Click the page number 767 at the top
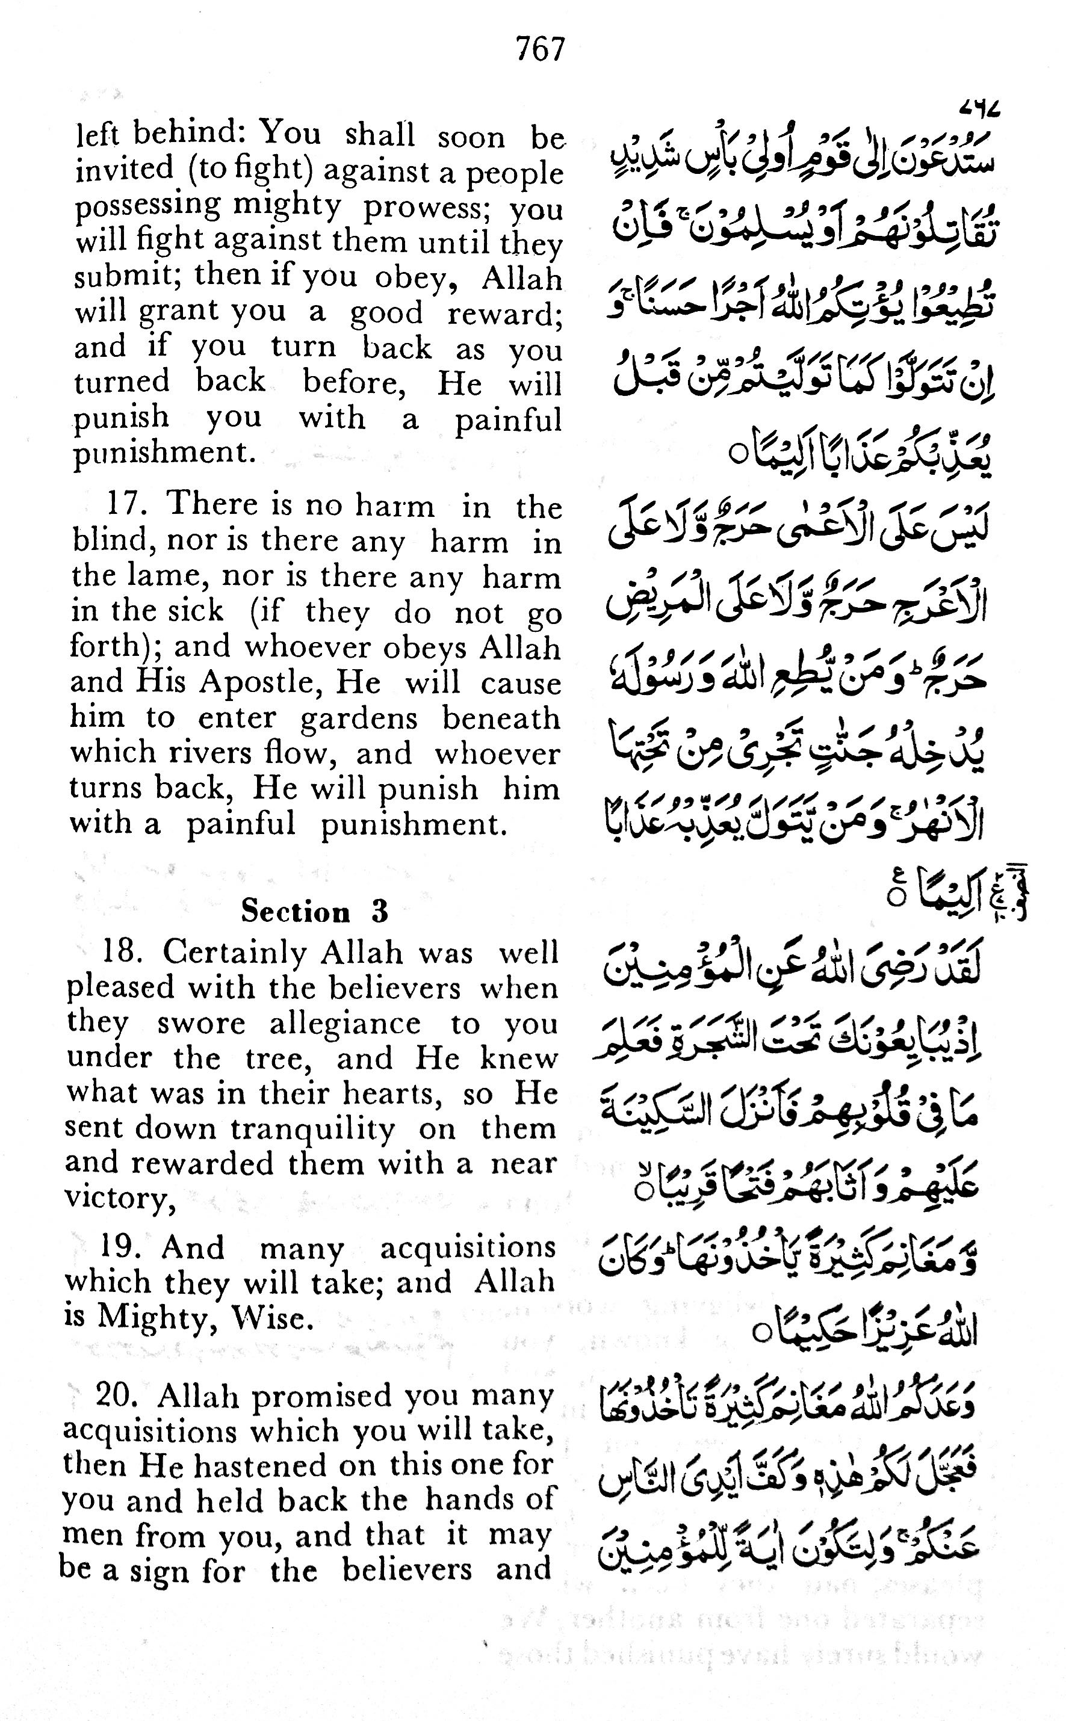(x=541, y=50)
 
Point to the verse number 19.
(x=120, y=1247)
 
